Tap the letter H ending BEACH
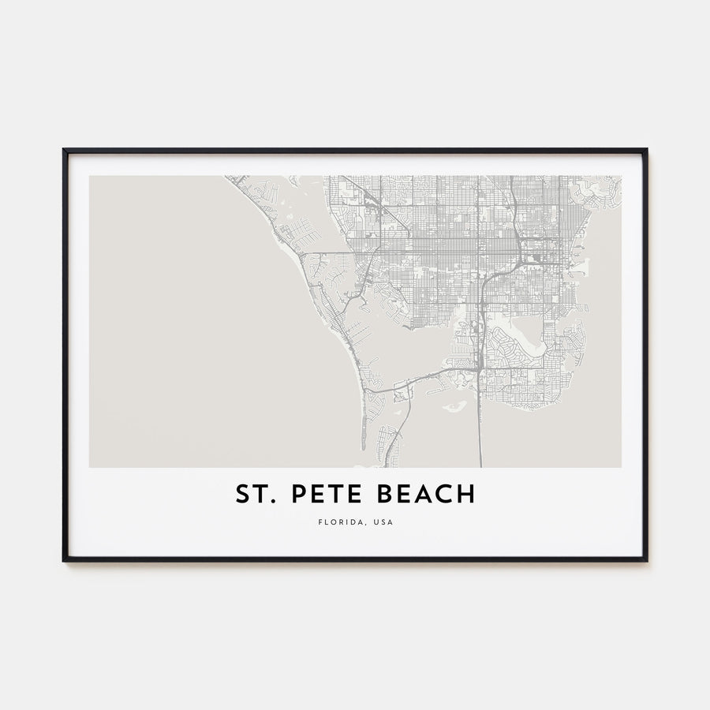[x=467, y=495]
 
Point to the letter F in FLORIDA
[x=321, y=521]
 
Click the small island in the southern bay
[x=454, y=408]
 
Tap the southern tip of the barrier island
[x=363, y=447]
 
